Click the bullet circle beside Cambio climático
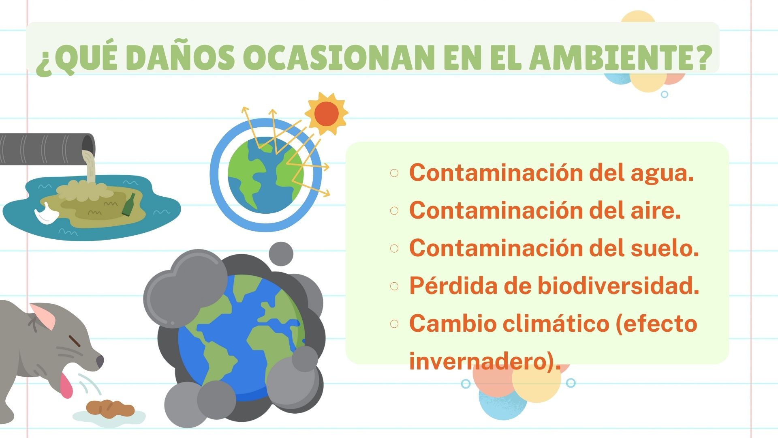394,324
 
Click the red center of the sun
326,114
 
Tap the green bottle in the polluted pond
129,205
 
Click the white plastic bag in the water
45,214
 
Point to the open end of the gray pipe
88,144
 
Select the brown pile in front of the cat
110,408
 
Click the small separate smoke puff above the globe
281,254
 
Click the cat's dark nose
100,360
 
